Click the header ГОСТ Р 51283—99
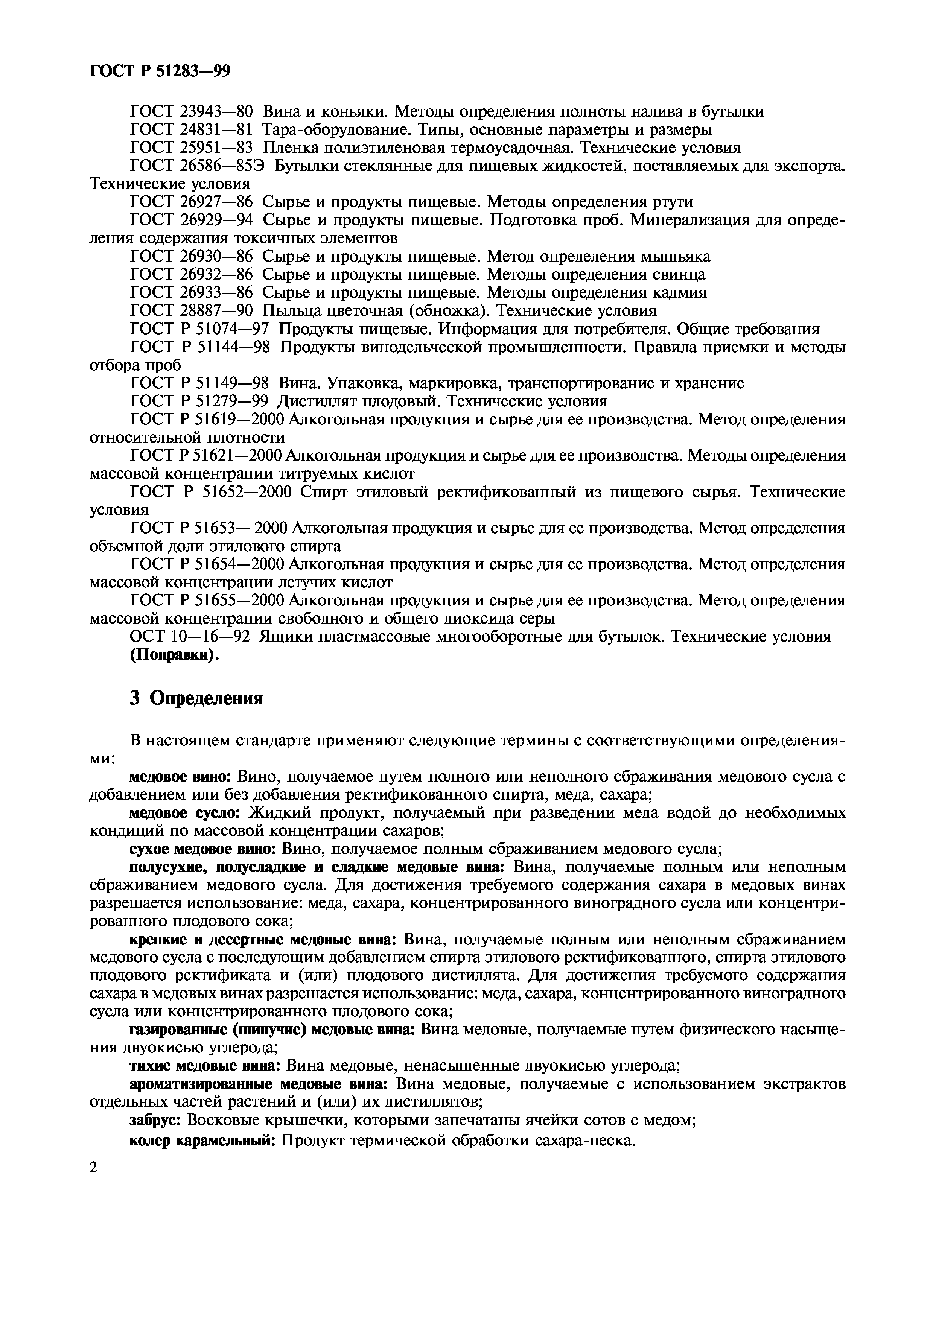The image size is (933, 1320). coord(160,71)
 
